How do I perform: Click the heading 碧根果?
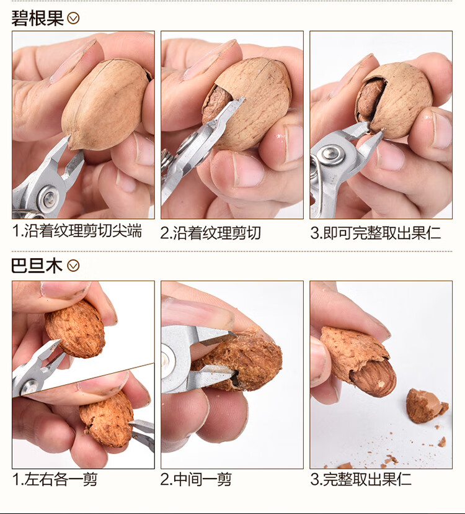pyautogui.click(x=37, y=18)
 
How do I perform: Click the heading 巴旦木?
pyautogui.click(x=37, y=265)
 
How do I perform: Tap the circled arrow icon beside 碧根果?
pyautogui.click(x=73, y=19)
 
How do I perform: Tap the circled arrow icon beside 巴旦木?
pyautogui.click(x=73, y=266)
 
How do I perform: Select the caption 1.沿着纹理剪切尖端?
pyautogui.click(x=77, y=231)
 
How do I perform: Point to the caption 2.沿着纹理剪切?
pyautogui.click(x=211, y=233)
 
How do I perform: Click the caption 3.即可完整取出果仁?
pyautogui.click(x=375, y=233)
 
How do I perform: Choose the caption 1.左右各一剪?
pyautogui.click(x=55, y=479)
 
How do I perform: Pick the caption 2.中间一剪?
pyautogui.click(x=196, y=479)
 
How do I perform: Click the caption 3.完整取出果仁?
pyautogui.click(x=361, y=479)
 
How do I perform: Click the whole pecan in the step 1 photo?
pyautogui.click(x=106, y=104)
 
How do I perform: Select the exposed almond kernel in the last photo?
pyautogui.click(x=373, y=377)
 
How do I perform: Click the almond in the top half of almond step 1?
pyautogui.click(x=75, y=329)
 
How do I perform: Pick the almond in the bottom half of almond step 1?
pyautogui.click(x=107, y=419)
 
